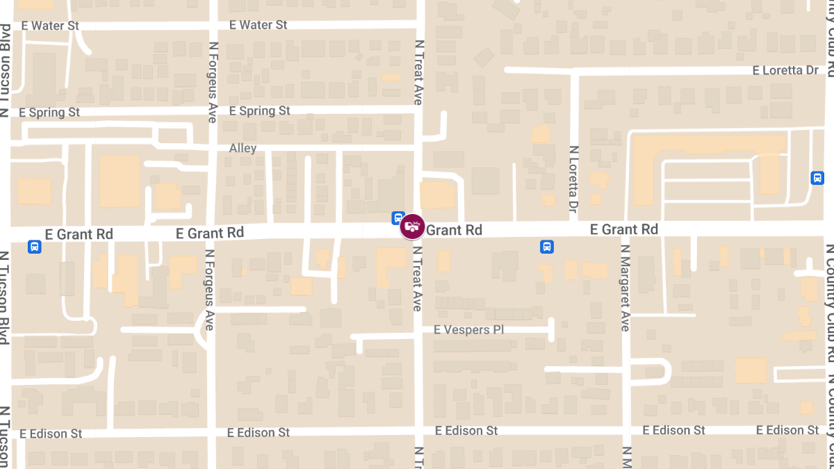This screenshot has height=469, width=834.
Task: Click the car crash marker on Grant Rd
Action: point(412,227)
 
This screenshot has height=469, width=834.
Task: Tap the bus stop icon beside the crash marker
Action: point(398,217)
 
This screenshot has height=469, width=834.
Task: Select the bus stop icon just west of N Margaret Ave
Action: point(547,246)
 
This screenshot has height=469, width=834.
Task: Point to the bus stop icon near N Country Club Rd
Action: point(817,178)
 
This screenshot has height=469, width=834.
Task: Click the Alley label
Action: point(243,148)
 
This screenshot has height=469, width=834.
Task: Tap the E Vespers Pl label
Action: point(468,329)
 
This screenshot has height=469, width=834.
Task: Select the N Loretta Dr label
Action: point(574,179)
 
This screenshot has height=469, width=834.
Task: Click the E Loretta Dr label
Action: point(785,71)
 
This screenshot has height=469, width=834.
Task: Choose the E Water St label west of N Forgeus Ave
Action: point(50,26)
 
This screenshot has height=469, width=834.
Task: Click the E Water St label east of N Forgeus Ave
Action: point(258,25)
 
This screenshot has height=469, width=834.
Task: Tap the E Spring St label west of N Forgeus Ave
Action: point(49,113)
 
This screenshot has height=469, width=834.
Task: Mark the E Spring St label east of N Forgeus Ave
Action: point(259,111)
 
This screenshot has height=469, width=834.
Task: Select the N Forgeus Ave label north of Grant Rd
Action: point(213,82)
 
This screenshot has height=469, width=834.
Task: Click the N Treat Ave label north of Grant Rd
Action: point(418,72)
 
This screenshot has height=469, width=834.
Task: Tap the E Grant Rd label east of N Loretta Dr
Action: point(623,229)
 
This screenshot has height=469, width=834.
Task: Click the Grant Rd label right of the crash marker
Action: point(454,230)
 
